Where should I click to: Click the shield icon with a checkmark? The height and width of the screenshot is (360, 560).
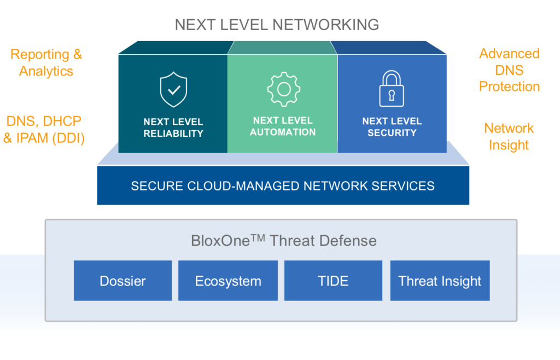173,90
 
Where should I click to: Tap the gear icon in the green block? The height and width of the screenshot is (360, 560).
283,89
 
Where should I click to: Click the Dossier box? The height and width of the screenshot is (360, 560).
122,281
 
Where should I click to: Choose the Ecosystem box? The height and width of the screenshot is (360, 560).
228,281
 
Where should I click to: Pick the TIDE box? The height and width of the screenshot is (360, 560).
333,281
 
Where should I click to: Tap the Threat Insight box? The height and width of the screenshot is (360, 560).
440,281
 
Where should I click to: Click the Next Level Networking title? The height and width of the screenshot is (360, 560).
277,25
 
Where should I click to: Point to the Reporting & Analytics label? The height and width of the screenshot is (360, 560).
46,62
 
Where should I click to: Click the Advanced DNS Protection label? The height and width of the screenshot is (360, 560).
509,70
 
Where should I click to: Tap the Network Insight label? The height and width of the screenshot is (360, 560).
509,136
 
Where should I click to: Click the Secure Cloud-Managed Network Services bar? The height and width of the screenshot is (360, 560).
283,185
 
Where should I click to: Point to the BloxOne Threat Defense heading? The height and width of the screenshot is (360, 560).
283,240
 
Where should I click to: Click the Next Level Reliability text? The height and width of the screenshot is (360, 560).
173,127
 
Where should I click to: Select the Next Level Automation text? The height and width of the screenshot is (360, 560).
283,126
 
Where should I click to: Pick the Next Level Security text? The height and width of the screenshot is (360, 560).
392,127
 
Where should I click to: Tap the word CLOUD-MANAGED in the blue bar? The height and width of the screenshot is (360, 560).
240,185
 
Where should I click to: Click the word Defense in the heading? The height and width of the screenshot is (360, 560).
352,240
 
